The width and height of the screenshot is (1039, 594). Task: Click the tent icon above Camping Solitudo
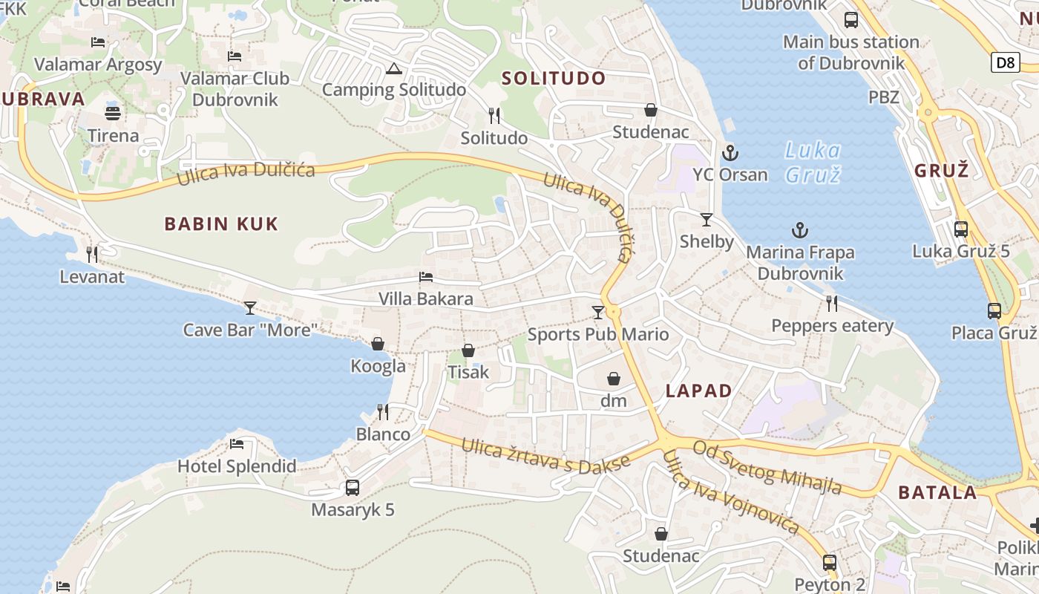(393, 70)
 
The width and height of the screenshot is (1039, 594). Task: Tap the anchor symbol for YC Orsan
(731, 153)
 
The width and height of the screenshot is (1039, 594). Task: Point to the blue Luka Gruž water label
(813, 163)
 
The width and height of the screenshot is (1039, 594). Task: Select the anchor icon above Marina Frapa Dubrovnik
(799, 230)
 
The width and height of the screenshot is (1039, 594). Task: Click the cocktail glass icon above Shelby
(706, 220)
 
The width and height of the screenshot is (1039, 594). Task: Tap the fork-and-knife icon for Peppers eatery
(832, 303)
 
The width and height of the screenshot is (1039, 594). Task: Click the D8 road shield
(1005, 62)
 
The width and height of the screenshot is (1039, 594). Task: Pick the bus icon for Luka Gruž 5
(961, 229)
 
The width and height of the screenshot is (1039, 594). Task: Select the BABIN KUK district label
(221, 223)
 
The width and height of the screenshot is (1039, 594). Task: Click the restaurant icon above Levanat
(92, 255)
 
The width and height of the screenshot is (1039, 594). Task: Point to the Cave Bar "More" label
(251, 330)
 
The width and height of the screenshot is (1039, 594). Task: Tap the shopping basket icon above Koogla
(378, 344)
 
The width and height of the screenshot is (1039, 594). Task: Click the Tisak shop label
(468, 372)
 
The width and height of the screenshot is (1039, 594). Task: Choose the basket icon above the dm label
(614, 379)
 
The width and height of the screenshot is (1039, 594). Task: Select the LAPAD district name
(698, 391)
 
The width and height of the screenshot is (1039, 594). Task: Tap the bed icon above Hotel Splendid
(237, 444)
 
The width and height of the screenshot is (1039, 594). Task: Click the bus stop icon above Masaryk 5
(353, 488)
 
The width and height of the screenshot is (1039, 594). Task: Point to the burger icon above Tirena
(113, 114)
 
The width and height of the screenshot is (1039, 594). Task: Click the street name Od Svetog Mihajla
(767, 467)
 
